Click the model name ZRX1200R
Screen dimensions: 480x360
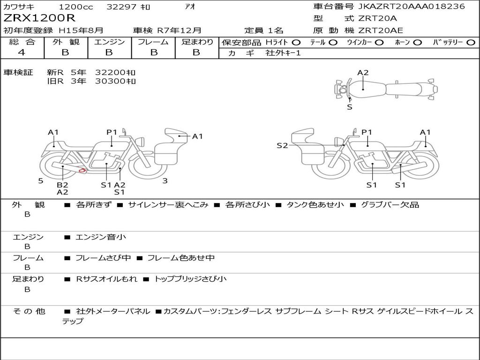click(x=39, y=18)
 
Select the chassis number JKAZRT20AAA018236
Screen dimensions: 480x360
click(x=412, y=6)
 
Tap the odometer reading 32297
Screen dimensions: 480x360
click(x=121, y=7)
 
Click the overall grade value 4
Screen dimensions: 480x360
click(x=22, y=52)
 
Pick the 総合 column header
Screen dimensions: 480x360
click(x=22, y=42)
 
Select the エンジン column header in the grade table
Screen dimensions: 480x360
click(x=109, y=42)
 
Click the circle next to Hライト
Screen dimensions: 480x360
click(x=296, y=43)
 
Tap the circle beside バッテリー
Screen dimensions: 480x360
click(x=471, y=43)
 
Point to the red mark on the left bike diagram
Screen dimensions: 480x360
click(x=82, y=170)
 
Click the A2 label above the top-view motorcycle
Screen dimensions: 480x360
click(x=363, y=73)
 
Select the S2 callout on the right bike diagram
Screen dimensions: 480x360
click(x=282, y=145)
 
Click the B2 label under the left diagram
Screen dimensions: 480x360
click(x=62, y=185)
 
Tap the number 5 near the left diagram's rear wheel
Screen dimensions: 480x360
click(x=41, y=181)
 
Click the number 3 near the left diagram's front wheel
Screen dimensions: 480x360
click(x=165, y=181)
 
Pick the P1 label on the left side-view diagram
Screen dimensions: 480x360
click(x=112, y=132)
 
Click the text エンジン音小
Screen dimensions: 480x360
click(x=101, y=237)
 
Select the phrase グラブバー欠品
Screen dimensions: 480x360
click(x=390, y=204)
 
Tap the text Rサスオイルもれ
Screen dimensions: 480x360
click(x=106, y=279)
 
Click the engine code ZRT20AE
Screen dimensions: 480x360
click(x=381, y=30)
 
